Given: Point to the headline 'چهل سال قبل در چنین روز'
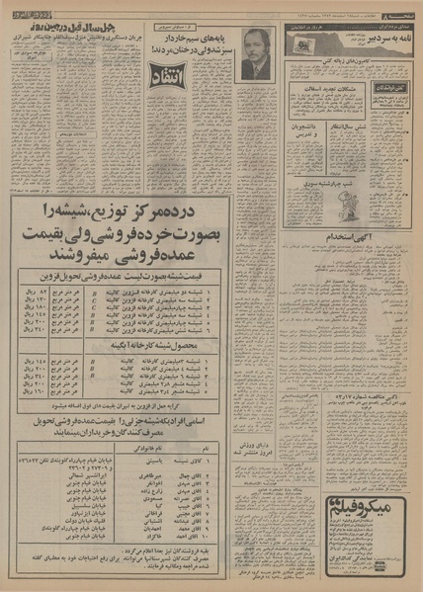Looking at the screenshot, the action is point(90,22).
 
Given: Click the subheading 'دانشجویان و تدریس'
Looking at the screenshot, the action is point(305,129).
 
